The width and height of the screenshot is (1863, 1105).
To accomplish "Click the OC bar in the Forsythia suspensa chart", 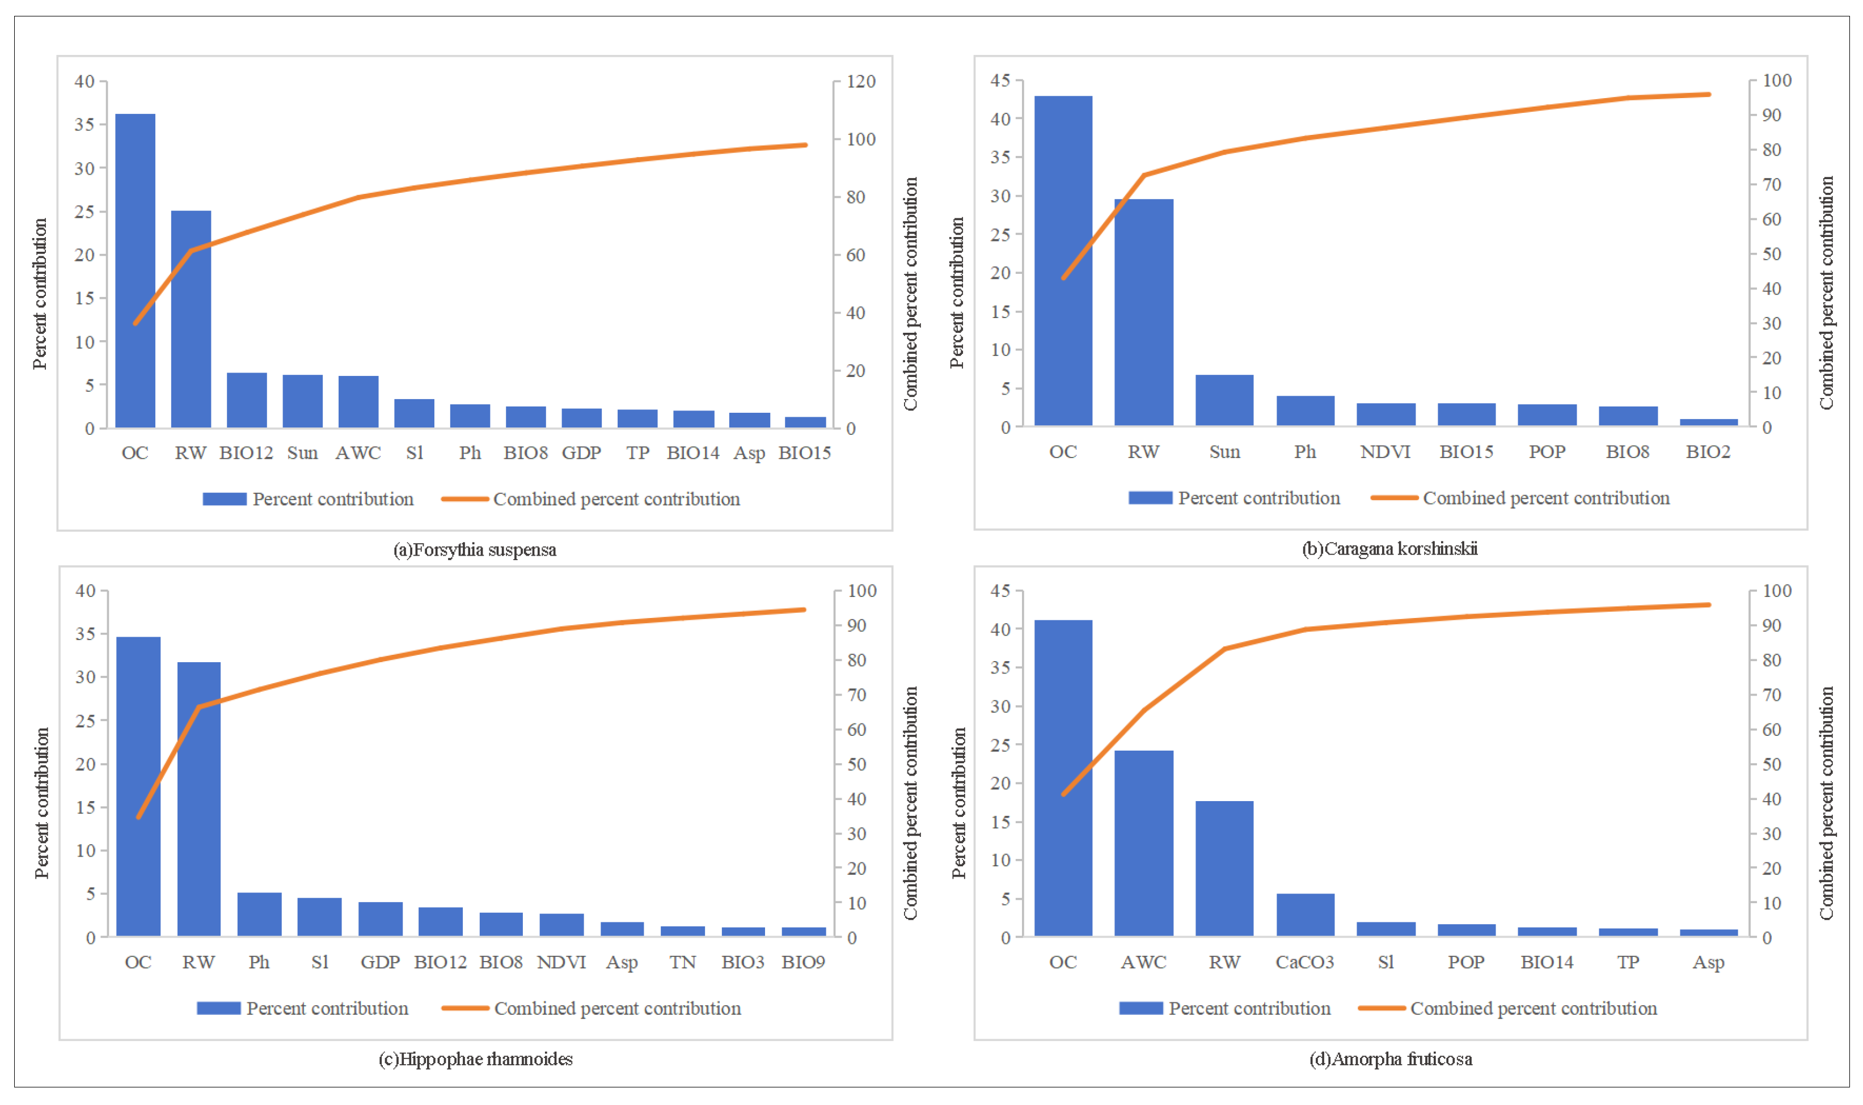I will (135, 272).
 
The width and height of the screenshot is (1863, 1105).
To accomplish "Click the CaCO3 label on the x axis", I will (1304, 962).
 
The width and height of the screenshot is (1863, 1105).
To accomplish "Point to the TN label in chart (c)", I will (682, 962).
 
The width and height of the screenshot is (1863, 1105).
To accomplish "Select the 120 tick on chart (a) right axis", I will (861, 81).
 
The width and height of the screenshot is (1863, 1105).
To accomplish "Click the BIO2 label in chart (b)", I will (1708, 452).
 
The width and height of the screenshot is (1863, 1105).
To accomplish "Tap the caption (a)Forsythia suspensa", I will (474, 549).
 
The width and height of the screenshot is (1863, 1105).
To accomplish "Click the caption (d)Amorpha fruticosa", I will (1390, 1059).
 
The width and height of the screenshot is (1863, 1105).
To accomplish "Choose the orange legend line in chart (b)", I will (1394, 497).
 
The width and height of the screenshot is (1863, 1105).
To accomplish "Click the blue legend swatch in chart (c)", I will (218, 1008).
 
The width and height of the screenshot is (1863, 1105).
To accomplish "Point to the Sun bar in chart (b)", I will (1224, 401).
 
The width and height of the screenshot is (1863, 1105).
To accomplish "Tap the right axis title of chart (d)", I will (1827, 803).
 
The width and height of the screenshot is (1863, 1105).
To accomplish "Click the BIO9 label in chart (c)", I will (802, 962).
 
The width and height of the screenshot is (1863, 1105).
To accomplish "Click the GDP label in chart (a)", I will (581, 453).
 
